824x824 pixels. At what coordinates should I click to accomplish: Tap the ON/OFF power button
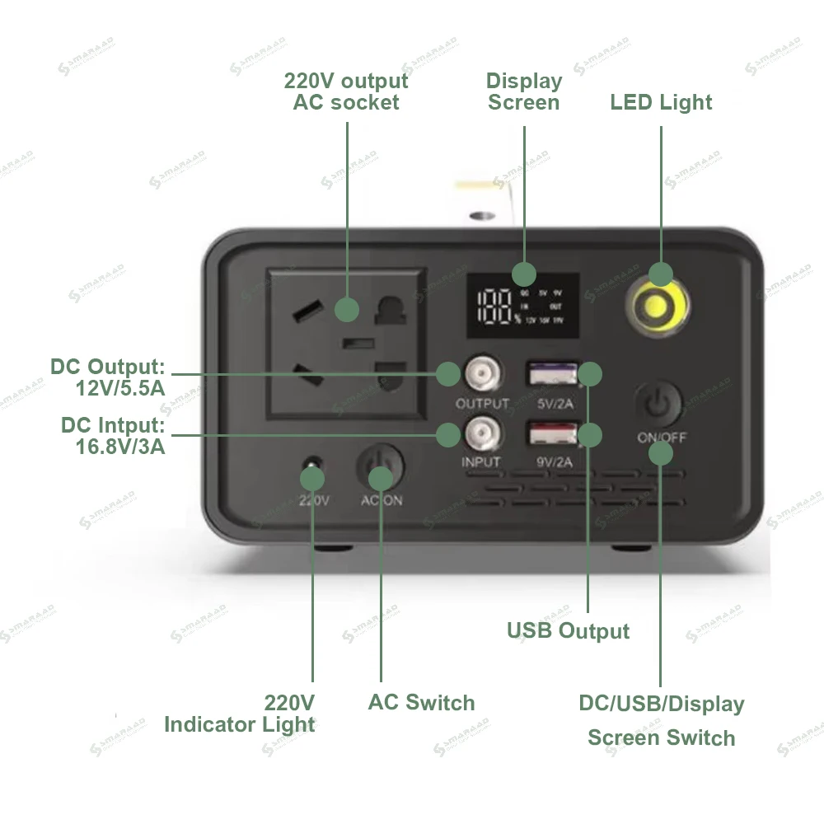tap(658, 404)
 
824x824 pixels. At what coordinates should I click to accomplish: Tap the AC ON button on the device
tap(380, 467)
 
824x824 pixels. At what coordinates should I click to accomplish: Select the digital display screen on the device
tap(522, 305)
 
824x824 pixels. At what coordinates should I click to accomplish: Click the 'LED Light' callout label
tap(661, 102)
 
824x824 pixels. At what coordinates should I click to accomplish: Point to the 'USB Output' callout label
tap(568, 631)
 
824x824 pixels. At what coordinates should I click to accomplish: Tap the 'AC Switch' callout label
tap(421, 703)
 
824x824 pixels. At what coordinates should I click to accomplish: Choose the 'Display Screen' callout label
tap(524, 91)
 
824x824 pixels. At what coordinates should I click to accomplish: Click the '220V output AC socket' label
tap(346, 91)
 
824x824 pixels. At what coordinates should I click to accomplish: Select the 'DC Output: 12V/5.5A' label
tap(108, 377)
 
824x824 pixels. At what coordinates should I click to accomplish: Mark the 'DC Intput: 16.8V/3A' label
tap(113, 436)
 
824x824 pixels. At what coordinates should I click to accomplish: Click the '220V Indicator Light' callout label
tap(240, 714)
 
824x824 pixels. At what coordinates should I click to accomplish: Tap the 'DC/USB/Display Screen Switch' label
tap(662, 720)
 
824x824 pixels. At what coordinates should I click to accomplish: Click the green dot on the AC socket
tap(347, 310)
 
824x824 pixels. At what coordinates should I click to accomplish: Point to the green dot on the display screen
tap(523, 274)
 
